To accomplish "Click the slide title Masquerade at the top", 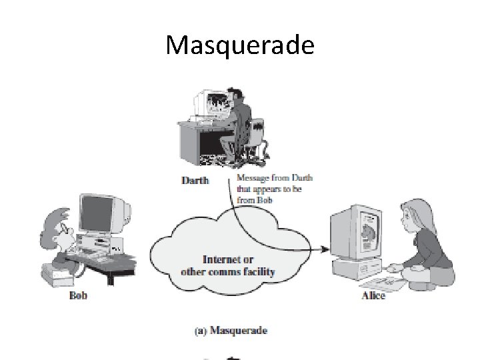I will click(239, 45).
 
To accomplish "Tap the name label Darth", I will click(195, 179).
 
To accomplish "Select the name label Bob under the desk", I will click(79, 294).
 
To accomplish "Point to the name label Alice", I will click(373, 295).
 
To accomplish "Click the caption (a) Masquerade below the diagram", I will click(230, 330).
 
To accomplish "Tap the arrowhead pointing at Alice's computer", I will click(325, 249).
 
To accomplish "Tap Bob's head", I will click(57, 223).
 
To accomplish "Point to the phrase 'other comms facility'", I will click(227, 272).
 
